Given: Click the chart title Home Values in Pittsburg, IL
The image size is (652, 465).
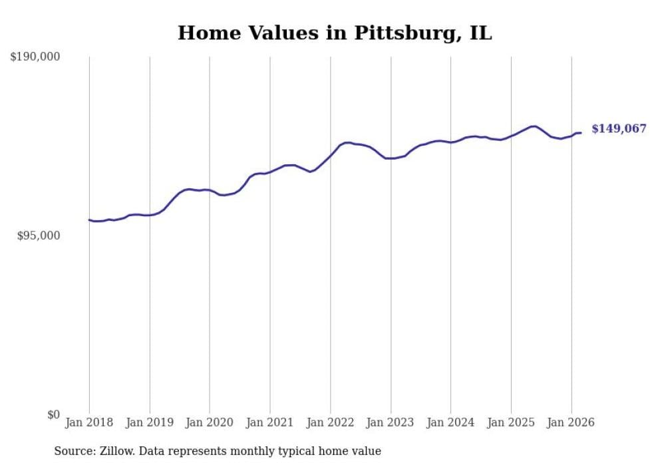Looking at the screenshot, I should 335,33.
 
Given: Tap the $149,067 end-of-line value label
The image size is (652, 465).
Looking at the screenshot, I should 618,129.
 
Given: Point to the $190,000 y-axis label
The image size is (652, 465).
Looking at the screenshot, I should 35,57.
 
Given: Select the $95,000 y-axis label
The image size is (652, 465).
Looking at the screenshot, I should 38,235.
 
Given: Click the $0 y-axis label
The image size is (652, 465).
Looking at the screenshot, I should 53,414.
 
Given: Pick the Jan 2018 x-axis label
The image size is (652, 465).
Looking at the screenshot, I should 89,422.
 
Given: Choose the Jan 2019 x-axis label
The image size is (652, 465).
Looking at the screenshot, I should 149,422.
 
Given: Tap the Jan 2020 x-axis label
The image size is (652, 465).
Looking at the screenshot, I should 210,422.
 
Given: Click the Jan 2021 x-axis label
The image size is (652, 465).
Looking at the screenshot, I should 269,422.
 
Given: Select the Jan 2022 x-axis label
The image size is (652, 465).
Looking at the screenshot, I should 330,422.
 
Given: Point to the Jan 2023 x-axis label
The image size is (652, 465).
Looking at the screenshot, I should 391,422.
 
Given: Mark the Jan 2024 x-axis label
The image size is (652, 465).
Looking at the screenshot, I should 450,422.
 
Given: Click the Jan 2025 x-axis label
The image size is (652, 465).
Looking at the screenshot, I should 511,422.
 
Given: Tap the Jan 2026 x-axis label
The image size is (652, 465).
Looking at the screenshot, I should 571,422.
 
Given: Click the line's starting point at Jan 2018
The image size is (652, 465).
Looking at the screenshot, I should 89,220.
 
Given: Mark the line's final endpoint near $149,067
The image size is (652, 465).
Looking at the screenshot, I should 581,133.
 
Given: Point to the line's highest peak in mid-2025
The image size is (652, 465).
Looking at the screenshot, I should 534,126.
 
